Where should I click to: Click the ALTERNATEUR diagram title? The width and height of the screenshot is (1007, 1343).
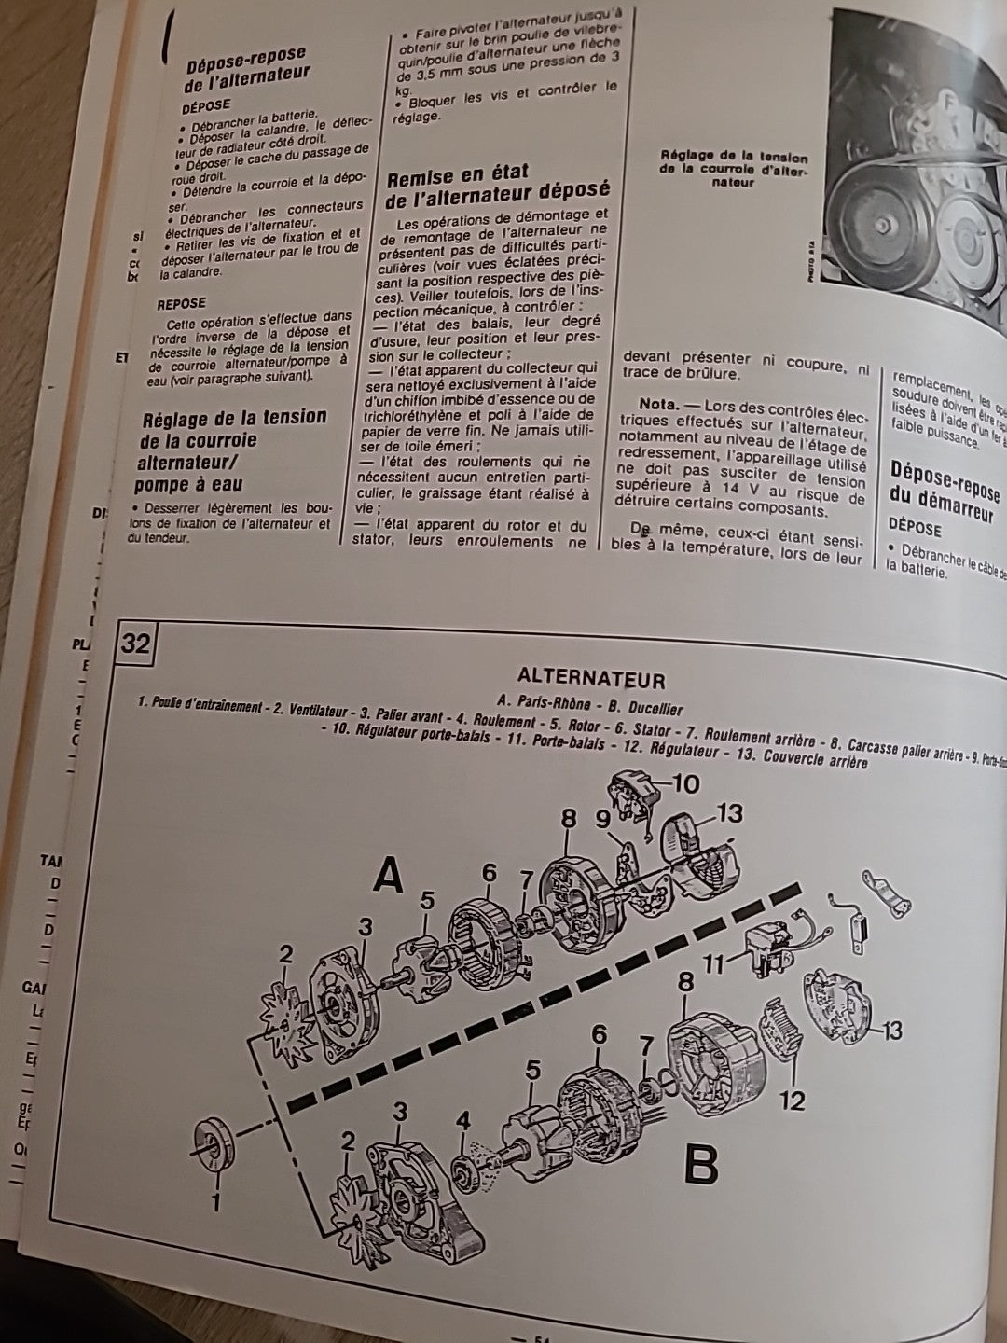pos(591,678)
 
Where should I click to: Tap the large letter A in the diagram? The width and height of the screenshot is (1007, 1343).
pos(389,877)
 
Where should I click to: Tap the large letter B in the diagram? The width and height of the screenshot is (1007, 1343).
pos(701,1163)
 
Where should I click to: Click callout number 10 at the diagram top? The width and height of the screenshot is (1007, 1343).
pos(685,783)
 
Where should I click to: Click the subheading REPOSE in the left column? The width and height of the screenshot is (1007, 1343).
pos(181,303)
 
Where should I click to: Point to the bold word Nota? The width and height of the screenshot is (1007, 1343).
pos(664,405)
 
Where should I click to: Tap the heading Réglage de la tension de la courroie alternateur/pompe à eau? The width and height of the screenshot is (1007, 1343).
pos(233,450)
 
